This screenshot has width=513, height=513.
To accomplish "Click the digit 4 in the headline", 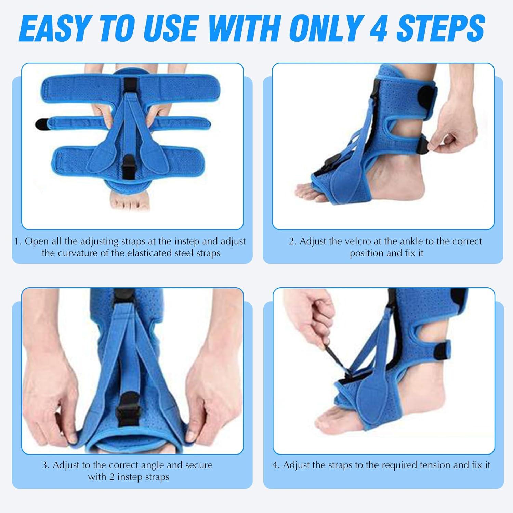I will tap(378, 28).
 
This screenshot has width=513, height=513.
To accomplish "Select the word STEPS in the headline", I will tap(440, 28).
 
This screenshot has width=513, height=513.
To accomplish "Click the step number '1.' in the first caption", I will tap(18, 241).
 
